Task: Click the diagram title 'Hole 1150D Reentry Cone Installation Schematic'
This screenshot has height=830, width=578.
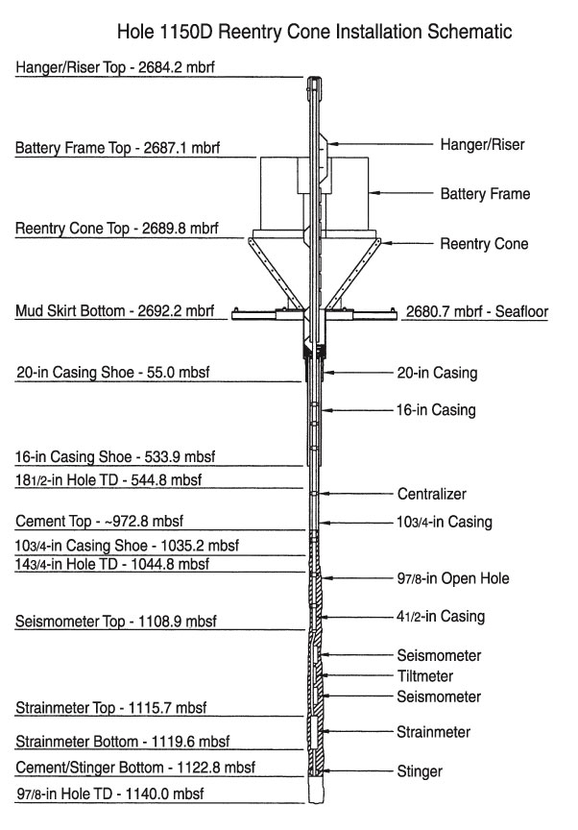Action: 314,32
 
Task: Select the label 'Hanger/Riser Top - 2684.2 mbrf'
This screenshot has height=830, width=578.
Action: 115,67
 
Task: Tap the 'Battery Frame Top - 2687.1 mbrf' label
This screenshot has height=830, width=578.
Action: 117,148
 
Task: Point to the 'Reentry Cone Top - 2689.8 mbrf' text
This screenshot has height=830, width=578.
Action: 117,229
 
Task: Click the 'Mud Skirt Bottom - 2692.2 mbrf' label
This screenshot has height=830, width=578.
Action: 115,310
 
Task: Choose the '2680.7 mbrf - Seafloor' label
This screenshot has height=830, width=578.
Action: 477,312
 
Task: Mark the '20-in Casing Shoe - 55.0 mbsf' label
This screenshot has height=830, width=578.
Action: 113,372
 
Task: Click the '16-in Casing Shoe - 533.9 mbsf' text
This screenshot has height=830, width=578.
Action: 115,457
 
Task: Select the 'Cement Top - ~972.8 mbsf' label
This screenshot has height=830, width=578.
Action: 100,521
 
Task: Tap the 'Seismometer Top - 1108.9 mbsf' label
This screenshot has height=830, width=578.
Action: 116,621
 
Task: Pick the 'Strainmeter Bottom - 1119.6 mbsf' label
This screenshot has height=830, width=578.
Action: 123,741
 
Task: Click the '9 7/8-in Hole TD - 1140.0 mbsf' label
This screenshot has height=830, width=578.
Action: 110,793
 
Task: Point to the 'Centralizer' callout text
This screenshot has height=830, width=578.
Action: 432,494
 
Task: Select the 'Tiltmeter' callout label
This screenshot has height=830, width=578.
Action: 425,676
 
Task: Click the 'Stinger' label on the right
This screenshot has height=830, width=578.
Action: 420,771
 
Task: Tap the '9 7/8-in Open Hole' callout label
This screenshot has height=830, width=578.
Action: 453,578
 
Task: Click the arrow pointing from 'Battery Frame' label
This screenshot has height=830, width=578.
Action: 400,193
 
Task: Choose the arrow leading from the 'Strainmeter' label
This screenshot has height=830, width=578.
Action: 357,732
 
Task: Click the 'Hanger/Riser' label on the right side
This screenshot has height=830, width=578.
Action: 482,144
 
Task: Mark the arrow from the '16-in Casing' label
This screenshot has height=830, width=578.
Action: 358,409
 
